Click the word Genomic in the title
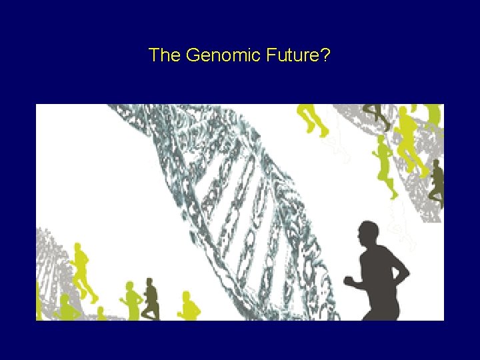coord(214,55)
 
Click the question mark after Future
coord(325,55)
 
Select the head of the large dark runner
coord(367,235)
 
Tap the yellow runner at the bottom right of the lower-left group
coord(191,307)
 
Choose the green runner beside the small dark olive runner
coord(133,301)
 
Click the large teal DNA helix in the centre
coord(227,193)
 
